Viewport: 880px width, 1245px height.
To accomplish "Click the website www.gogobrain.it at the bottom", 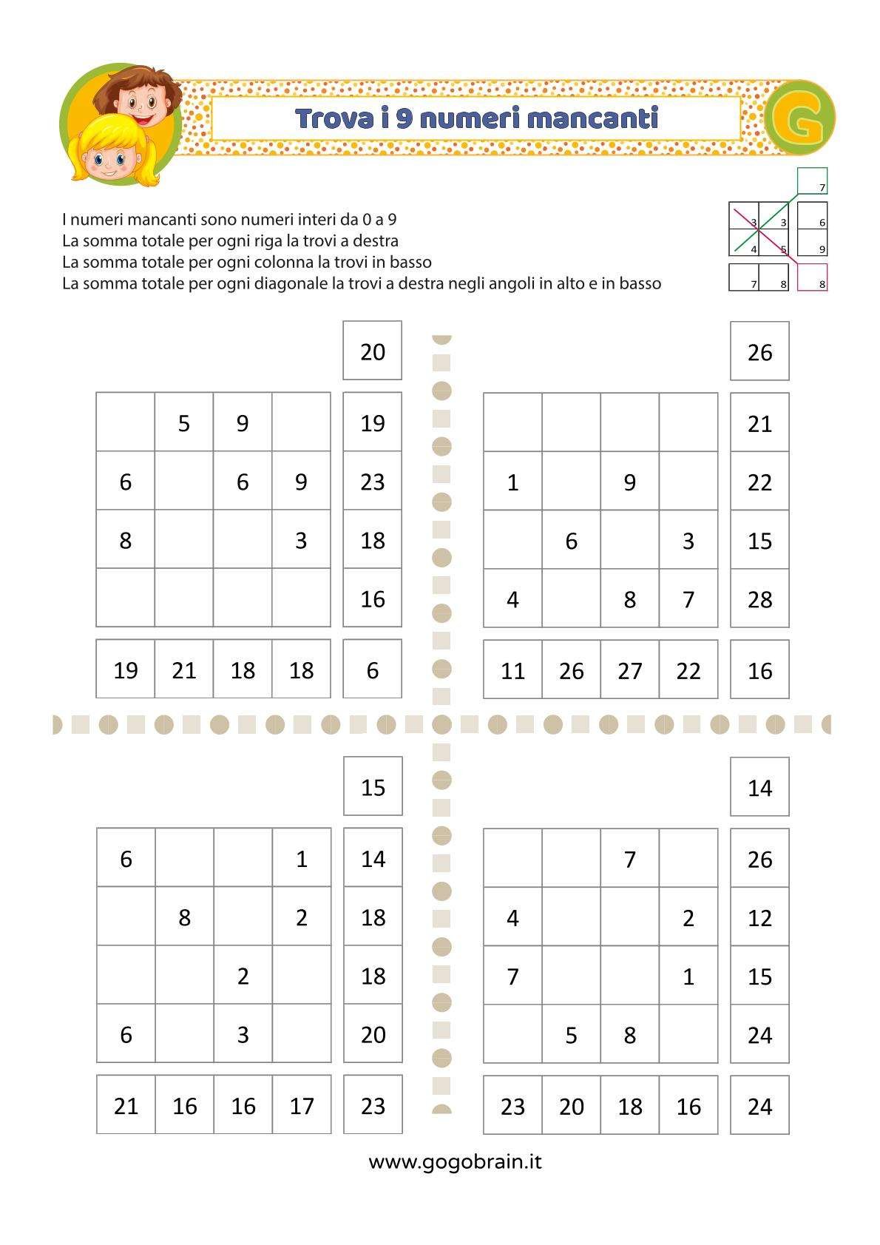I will point(455,1161).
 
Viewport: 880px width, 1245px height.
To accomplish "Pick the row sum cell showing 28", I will point(759,598).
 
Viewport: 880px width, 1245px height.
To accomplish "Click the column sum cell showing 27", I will point(629,670).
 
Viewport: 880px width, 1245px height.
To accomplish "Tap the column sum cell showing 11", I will point(512,670).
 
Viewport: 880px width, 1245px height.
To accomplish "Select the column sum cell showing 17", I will point(302,1105).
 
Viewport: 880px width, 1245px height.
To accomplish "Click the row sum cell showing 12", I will point(759,917).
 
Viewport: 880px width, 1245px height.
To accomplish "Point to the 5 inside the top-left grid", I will point(184,423).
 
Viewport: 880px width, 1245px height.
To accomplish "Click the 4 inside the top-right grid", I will point(512,598).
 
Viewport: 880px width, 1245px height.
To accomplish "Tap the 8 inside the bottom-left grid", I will point(184,917).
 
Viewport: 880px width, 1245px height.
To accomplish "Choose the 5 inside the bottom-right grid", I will point(571,1034).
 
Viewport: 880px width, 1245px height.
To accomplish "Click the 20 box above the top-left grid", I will point(373,351).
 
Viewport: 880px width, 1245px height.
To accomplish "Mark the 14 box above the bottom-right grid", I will point(759,787).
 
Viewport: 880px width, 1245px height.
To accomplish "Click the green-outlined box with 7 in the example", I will point(812,181).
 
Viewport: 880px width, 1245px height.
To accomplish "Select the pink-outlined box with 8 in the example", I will point(812,277).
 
